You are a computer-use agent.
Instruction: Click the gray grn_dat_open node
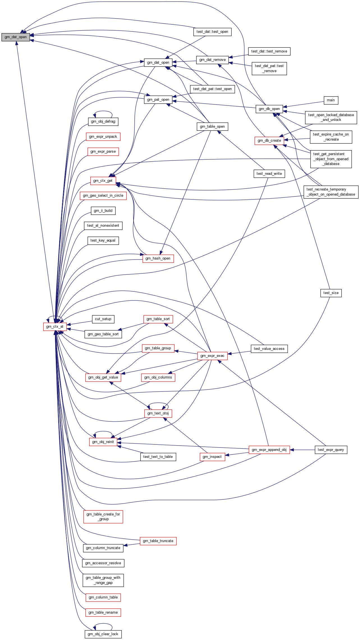pyautogui.click(x=16, y=37)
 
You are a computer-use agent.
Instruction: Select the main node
pyautogui.click(x=331, y=100)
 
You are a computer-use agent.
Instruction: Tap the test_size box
pyautogui.click(x=331, y=293)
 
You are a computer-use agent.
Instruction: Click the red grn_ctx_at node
pyautogui.click(x=55, y=327)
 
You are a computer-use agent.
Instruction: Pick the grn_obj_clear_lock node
pyautogui.click(x=103, y=634)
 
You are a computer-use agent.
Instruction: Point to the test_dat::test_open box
pyautogui.click(x=212, y=32)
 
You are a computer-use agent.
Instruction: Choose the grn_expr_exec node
pyautogui.click(x=212, y=356)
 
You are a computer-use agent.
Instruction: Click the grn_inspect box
pyautogui.click(x=212, y=457)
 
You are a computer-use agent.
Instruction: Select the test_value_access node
pyautogui.click(x=269, y=349)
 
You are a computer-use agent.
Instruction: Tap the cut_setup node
pyautogui.click(x=103, y=319)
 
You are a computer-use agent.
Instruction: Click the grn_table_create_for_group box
pyautogui.click(x=103, y=517)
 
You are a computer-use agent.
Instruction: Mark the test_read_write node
pyautogui.click(x=269, y=174)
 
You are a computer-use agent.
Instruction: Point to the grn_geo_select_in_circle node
pyautogui.click(x=103, y=196)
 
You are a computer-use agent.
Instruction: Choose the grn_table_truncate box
pyautogui.click(x=158, y=541)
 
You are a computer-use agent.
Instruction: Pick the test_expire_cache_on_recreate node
pyautogui.click(x=331, y=137)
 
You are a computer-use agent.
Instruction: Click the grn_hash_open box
pyautogui.click(x=158, y=258)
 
